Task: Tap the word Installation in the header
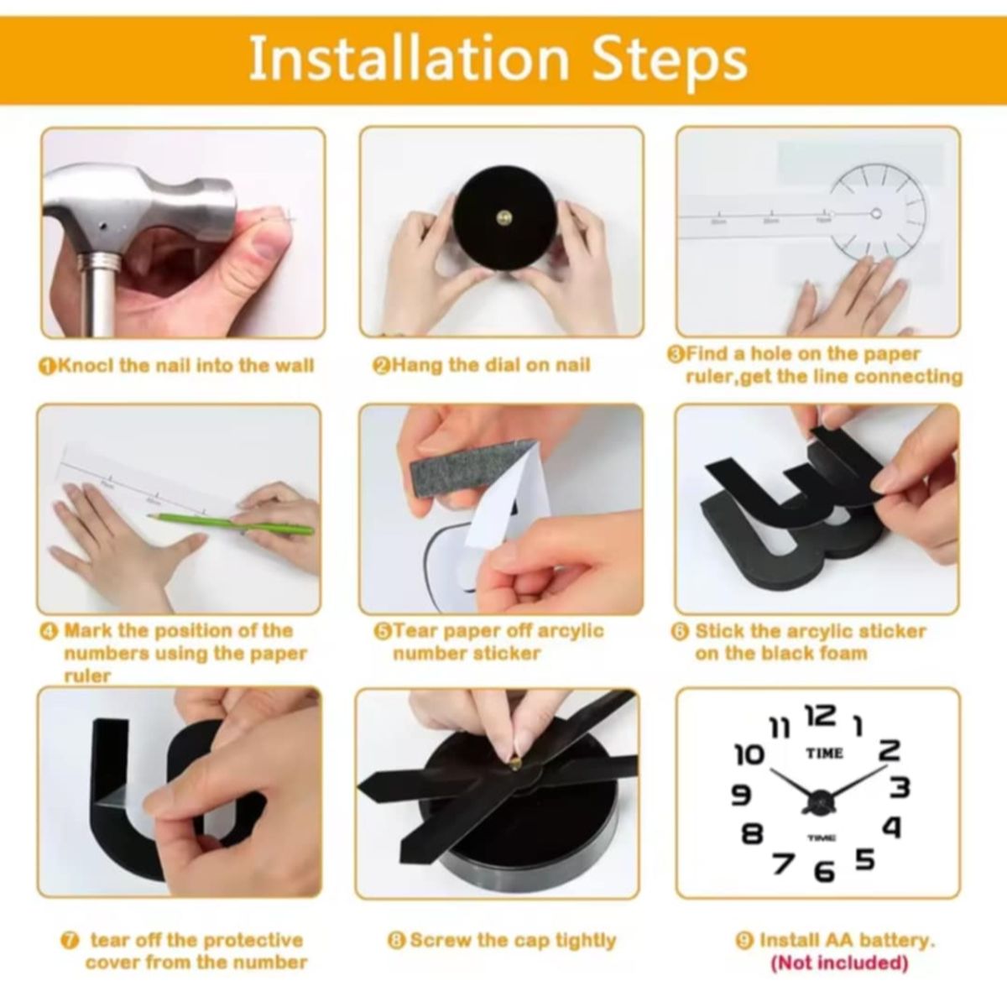pyautogui.click(x=408, y=58)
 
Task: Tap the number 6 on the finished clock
pyautogui.click(x=825, y=871)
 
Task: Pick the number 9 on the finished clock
pyautogui.click(x=741, y=795)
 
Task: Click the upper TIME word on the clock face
pyautogui.click(x=824, y=753)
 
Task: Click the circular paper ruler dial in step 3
pyautogui.click(x=878, y=212)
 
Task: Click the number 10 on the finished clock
pyautogui.click(x=750, y=755)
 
